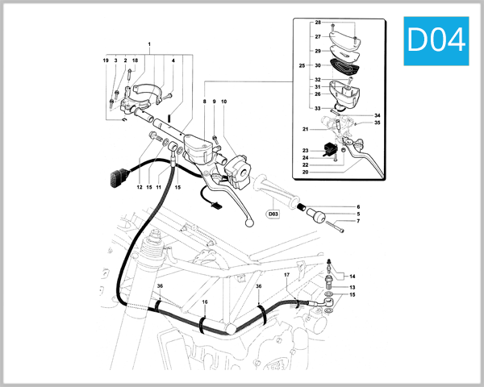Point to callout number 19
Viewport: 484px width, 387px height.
(x=106, y=61)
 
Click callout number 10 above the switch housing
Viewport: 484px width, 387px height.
(x=223, y=102)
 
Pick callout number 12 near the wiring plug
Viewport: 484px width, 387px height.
(x=139, y=187)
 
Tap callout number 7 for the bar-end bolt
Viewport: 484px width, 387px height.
(x=358, y=221)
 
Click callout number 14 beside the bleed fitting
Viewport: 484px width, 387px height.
(x=351, y=276)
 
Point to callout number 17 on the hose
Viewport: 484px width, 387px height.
(x=286, y=276)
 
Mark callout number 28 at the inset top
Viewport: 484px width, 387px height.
(x=318, y=23)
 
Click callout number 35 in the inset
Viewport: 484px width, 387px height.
(x=377, y=123)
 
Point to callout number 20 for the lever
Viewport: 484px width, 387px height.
(x=306, y=172)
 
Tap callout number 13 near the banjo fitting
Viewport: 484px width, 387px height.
(x=351, y=286)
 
